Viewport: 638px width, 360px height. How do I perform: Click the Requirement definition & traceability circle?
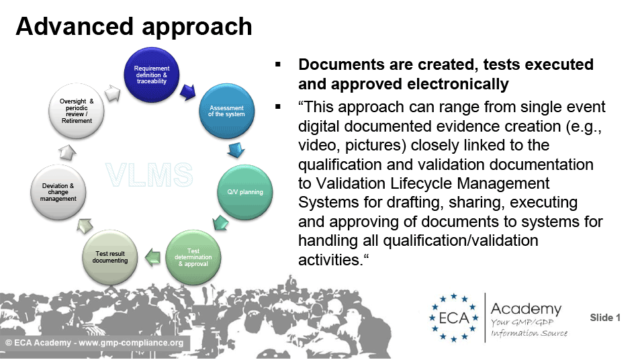(152, 75)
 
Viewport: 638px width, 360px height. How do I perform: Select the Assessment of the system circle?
(226, 111)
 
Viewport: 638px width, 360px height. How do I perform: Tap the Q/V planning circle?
(245, 192)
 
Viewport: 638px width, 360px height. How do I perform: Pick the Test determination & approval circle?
(193, 257)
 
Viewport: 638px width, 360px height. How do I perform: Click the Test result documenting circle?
(110, 257)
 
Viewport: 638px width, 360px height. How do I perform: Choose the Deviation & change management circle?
(58, 192)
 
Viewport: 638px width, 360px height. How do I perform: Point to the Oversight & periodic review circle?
(77, 111)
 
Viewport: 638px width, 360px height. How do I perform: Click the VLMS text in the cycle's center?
(149, 175)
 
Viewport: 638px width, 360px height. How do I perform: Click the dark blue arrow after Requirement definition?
(188, 92)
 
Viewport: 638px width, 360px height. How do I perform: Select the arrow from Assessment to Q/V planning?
(236, 150)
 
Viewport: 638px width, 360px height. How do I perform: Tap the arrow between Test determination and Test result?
(152, 257)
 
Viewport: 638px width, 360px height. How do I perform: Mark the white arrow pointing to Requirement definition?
(113, 93)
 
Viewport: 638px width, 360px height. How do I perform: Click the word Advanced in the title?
(75, 26)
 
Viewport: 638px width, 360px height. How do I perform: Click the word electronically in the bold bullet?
(458, 84)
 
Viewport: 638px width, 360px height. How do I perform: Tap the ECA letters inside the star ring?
(454, 318)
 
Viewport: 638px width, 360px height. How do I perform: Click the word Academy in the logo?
(526, 309)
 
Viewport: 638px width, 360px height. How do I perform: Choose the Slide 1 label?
(605, 318)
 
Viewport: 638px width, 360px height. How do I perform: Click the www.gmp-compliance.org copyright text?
(131, 343)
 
